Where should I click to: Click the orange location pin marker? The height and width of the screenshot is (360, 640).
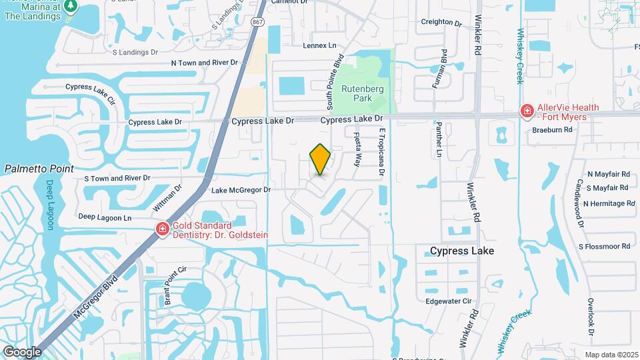click(321, 159)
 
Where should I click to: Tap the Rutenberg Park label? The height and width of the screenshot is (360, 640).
click(356, 93)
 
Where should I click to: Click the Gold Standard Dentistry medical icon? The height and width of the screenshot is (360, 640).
click(162, 230)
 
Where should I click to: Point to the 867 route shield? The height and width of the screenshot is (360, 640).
click(257, 22)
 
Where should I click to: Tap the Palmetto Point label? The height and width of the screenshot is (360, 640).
click(39, 169)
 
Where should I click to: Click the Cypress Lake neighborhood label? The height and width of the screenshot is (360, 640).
click(461, 251)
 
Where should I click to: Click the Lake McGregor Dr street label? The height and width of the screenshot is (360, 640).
click(241, 190)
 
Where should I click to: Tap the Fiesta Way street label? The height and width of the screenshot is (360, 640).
click(358, 151)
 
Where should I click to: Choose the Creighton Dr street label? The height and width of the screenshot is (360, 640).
click(441, 22)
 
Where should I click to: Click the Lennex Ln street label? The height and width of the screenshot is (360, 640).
click(320, 45)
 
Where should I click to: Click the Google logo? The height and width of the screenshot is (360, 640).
click(22, 351)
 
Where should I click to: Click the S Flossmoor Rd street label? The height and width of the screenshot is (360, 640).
click(604, 247)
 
